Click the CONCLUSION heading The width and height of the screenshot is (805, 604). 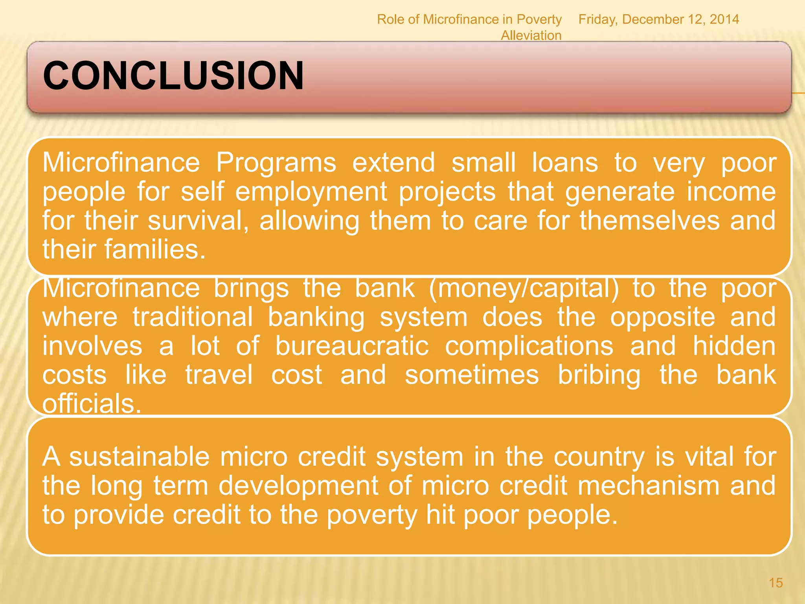pos(173,75)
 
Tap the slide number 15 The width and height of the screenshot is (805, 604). pos(776,582)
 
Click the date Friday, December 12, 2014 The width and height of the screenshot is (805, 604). pos(658,19)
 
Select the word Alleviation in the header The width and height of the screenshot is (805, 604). pos(531,35)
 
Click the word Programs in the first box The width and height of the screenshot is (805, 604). pos(276,162)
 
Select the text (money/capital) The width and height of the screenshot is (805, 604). pos(524,288)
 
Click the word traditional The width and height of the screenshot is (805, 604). pos(193,317)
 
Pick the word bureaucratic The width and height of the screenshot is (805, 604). pos(351,346)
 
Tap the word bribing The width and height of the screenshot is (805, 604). pos(599,375)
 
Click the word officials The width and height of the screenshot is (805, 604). pos(91,404)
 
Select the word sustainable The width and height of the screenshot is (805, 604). pos(140,457)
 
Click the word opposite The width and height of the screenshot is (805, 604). pos(662,317)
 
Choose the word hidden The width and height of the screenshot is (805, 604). pos(734,346)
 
